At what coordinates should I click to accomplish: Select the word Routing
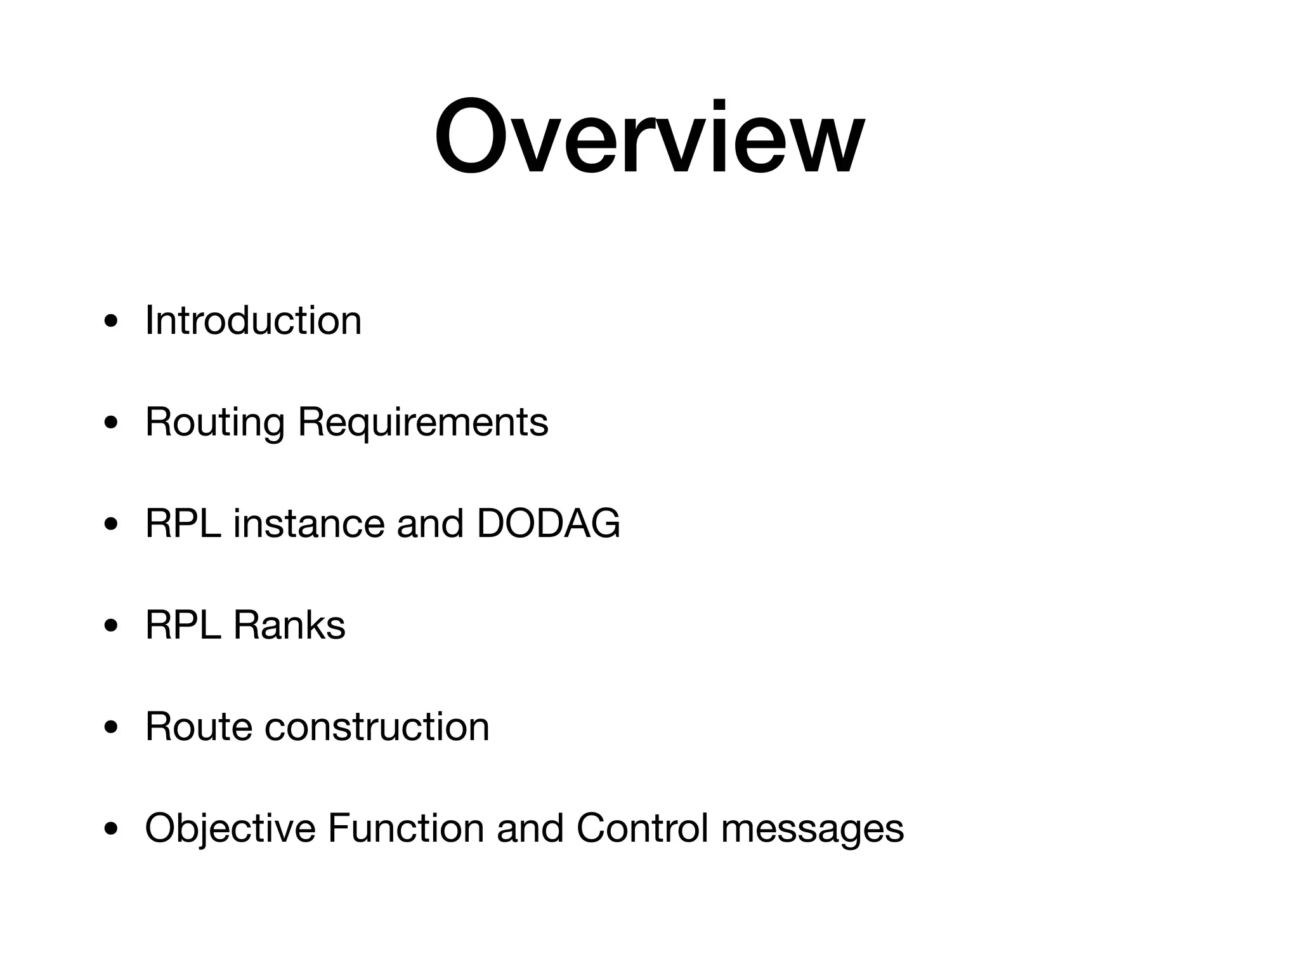215,423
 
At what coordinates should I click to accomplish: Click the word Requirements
423,423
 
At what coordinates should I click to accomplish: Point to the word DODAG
548,524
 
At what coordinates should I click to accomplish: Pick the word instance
309,524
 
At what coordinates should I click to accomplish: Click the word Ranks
289,625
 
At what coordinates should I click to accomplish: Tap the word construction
377,726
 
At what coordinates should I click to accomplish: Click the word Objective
230,829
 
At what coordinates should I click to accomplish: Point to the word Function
406,828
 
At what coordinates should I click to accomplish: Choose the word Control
643,828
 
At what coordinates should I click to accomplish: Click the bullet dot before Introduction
111,322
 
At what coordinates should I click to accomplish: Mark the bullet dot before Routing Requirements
111,423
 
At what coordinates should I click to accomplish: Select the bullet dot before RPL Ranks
111,627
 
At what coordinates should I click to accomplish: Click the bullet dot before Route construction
111,728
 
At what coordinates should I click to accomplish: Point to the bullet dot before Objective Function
111,830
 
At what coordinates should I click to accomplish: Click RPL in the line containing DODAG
183,524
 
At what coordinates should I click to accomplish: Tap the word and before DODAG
430,524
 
